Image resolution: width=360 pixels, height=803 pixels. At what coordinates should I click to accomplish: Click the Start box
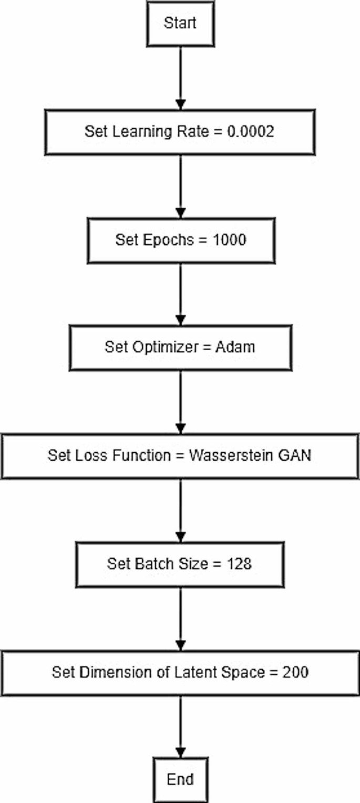click(180, 24)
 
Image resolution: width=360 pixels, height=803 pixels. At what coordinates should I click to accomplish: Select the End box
click(180, 779)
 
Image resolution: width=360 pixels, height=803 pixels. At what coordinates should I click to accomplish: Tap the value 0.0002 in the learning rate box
click(250, 131)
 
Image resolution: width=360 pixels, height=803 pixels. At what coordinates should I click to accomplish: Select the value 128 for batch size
click(240, 564)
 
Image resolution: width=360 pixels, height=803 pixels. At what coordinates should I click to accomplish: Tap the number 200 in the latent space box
click(294, 672)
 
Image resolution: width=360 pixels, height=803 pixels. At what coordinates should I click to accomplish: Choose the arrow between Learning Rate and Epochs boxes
click(180, 186)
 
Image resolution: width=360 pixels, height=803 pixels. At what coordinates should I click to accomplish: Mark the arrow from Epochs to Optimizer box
click(180, 294)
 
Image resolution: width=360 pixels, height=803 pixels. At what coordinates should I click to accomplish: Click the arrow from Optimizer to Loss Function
click(180, 402)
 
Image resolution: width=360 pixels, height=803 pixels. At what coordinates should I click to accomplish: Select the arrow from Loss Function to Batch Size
click(180, 511)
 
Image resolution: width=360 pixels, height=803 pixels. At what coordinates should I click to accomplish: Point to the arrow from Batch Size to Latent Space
click(180, 619)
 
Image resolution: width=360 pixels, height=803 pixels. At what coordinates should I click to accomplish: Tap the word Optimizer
click(157, 347)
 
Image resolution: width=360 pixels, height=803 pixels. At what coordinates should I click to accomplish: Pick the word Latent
click(212, 672)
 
